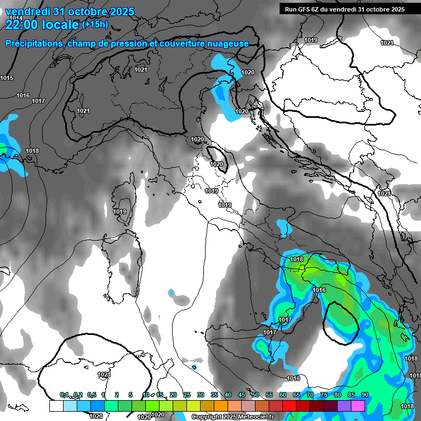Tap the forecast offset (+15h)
[x=95, y=24]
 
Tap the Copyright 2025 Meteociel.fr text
[x=232, y=417]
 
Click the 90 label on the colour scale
[x=365, y=395]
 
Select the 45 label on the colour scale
[x=242, y=395]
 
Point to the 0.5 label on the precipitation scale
[x=92, y=395]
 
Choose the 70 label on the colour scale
[x=310, y=395]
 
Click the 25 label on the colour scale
[x=187, y=395]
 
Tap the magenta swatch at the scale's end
[x=357, y=406]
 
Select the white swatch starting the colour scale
[x=56, y=406]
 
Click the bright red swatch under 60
[x=289, y=406]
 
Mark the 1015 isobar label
[x=7, y=78]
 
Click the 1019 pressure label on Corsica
[x=120, y=212]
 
